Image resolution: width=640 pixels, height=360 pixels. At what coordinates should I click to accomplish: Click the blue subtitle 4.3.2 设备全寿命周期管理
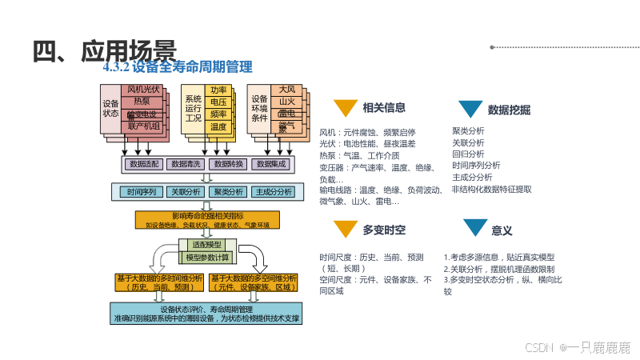click(x=178, y=67)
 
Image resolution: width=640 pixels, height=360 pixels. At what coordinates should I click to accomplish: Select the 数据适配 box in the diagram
click(x=144, y=164)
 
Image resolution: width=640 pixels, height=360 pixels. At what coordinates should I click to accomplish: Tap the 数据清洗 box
click(x=184, y=164)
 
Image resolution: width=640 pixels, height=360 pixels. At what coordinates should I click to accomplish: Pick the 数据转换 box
click(x=228, y=164)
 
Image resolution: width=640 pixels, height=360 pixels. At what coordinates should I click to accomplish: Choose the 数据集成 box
click(x=270, y=164)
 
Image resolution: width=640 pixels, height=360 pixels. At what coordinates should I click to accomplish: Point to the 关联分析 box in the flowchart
click(x=184, y=192)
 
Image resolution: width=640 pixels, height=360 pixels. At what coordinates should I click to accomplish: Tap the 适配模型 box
click(x=207, y=244)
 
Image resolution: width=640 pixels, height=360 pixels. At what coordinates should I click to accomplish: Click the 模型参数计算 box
click(x=207, y=258)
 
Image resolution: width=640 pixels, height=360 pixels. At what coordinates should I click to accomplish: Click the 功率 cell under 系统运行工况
click(x=218, y=90)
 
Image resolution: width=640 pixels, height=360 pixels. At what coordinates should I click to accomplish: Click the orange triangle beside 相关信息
click(x=345, y=108)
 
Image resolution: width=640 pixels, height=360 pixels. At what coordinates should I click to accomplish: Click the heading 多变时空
click(x=384, y=230)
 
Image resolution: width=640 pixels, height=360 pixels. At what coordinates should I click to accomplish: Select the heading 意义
click(x=502, y=230)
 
